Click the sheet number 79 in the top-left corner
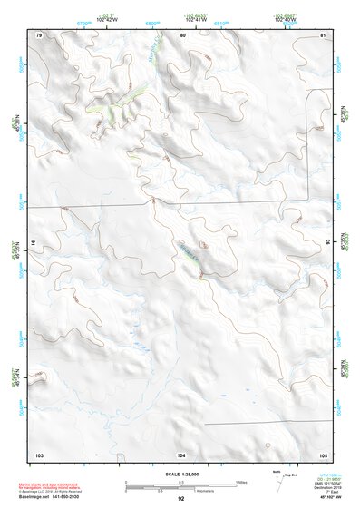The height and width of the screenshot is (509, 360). (x=39, y=35)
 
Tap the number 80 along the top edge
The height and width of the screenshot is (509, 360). (x=182, y=35)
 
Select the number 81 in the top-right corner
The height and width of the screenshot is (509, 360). (x=323, y=35)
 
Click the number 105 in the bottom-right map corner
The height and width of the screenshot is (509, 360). (x=323, y=454)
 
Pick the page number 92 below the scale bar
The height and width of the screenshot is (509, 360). (x=181, y=498)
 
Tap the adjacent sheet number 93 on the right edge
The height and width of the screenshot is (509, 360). (x=327, y=242)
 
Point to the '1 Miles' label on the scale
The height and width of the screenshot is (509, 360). (x=242, y=481)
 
